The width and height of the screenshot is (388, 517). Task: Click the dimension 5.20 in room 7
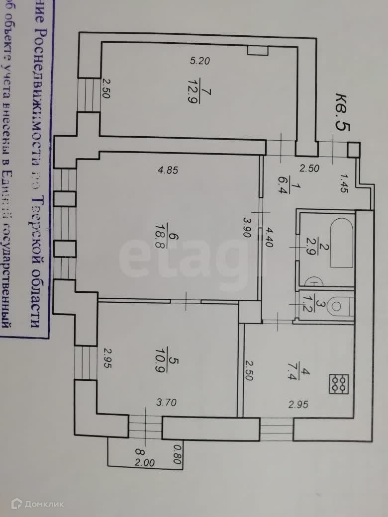201,62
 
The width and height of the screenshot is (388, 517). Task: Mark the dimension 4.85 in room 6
168,170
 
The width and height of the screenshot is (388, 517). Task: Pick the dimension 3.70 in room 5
167,403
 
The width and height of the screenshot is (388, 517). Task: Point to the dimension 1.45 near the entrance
344,183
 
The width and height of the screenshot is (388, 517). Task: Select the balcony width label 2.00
145,462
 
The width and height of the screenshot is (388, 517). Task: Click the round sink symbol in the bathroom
315,282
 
